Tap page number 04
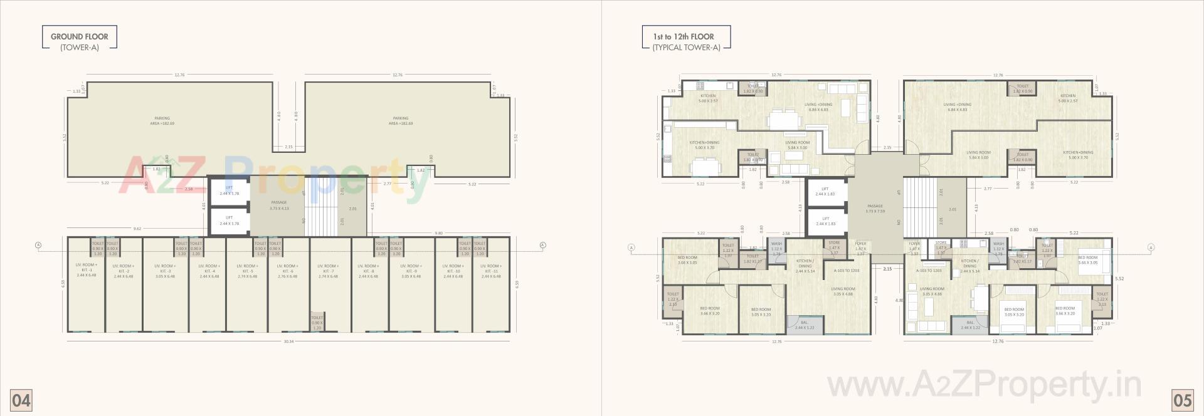(x=21, y=400)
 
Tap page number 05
(x=1183, y=400)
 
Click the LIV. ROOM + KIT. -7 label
(x=328, y=271)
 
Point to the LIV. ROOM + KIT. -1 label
(x=87, y=271)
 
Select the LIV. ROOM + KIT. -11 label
(x=491, y=271)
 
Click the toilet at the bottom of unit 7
(x=317, y=322)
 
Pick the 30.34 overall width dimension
(x=288, y=341)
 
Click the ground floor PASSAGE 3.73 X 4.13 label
(x=279, y=205)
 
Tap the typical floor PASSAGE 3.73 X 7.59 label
(x=875, y=208)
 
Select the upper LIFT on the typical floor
(x=825, y=191)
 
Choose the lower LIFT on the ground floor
(x=230, y=221)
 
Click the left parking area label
(x=162, y=120)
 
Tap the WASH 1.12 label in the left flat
(x=776, y=248)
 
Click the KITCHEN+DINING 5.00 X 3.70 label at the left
(x=704, y=145)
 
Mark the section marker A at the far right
(x=1151, y=248)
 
